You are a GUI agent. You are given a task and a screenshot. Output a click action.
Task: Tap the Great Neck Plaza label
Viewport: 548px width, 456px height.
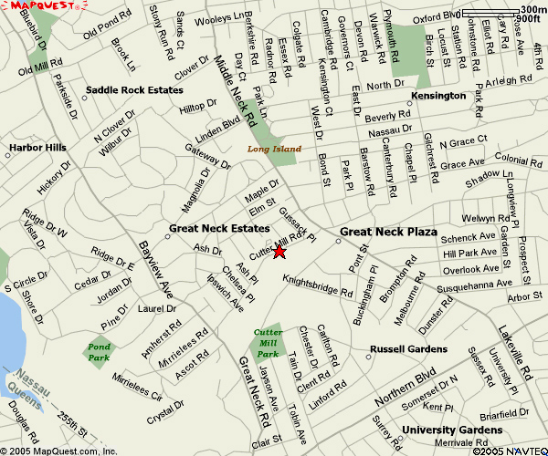coord(388,232)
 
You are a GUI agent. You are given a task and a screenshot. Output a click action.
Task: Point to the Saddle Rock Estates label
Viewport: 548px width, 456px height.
coord(134,90)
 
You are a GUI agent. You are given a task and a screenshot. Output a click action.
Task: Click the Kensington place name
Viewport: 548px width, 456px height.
coord(438,96)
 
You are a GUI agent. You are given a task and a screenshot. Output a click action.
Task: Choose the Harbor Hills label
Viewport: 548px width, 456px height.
coord(37,147)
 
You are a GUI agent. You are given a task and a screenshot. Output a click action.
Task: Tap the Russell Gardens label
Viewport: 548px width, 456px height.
coord(408,349)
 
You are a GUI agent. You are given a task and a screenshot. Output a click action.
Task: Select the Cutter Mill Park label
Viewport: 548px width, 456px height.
coord(267,342)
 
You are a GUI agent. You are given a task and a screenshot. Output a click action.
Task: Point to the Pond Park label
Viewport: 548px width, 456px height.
coord(99,352)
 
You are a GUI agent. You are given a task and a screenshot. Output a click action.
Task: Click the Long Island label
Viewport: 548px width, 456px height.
coord(274,148)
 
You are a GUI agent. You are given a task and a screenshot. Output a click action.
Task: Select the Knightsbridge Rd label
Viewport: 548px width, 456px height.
coord(317,286)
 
